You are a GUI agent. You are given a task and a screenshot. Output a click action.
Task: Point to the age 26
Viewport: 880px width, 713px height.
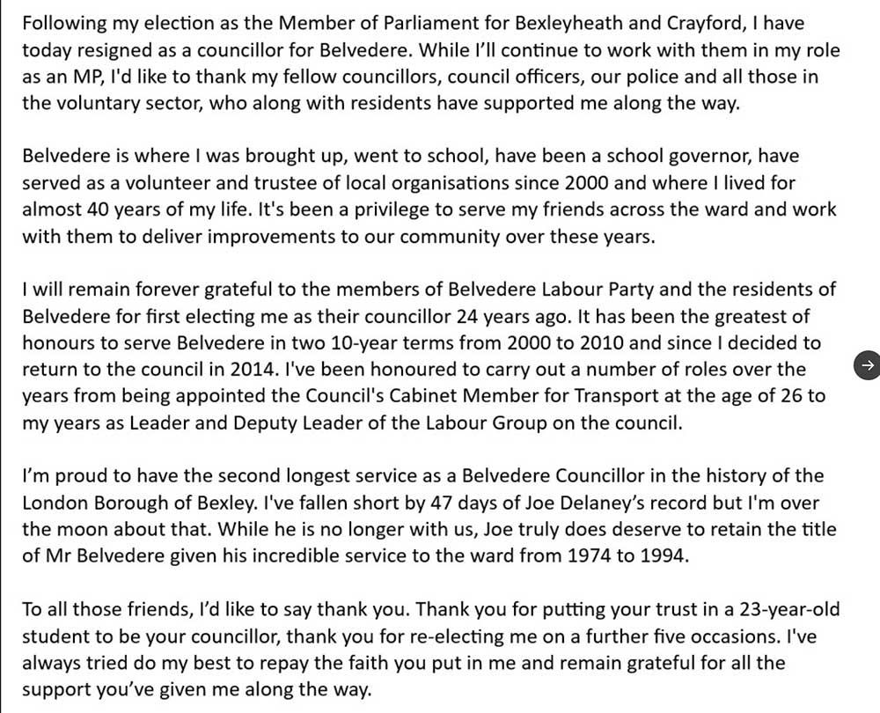click(x=762, y=395)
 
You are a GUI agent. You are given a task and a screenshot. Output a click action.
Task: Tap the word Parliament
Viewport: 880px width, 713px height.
click(x=365, y=24)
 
